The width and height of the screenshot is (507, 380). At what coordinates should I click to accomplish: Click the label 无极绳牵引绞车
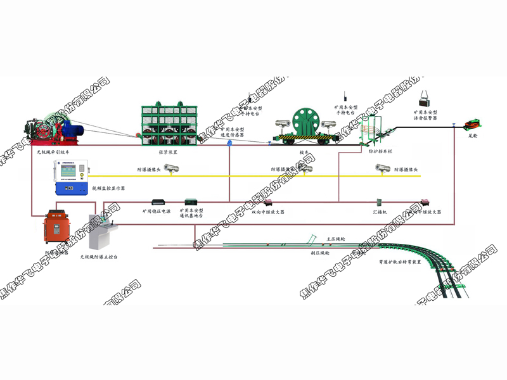(53, 152)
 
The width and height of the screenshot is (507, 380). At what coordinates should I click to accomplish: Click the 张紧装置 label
(167, 152)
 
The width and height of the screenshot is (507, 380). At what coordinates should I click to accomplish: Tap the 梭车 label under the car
(304, 152)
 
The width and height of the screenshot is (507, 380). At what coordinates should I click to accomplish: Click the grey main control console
(101, 238)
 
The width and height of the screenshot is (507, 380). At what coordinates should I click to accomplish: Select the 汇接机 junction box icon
(378, 202)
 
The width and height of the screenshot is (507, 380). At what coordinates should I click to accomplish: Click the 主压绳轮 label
(336, 239)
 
